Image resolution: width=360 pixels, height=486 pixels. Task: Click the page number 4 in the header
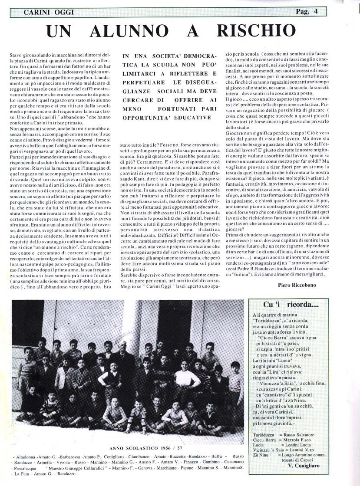(x=322, y=12)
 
